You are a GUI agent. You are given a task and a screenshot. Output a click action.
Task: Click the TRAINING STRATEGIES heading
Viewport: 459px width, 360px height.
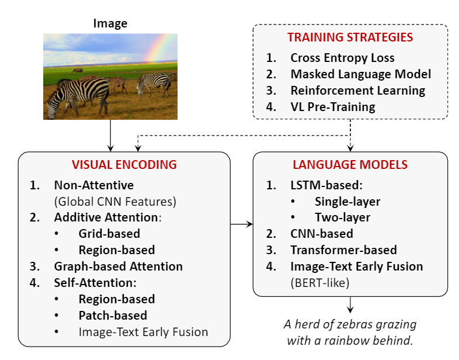click(350, 37)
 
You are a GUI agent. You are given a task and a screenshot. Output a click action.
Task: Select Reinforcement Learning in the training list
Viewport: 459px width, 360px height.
click(358, 91)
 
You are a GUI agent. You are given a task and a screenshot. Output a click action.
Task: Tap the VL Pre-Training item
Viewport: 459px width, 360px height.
click(333, 107)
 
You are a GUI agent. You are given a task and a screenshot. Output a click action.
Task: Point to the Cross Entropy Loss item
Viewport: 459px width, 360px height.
click(342, 58)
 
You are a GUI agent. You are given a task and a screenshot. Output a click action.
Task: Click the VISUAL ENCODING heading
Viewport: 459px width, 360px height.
click(124, 165)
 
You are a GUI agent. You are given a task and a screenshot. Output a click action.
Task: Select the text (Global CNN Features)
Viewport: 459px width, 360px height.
click(116, 202)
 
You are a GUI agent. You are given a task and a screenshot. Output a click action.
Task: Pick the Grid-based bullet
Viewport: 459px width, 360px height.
click(109, 234)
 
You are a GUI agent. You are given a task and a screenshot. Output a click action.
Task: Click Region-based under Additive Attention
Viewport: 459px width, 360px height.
click(117, 250)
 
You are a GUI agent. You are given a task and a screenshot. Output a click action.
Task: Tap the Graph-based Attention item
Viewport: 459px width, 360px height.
click(119, 266)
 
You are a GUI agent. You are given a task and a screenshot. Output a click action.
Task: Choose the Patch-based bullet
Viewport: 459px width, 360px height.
click(113, 316)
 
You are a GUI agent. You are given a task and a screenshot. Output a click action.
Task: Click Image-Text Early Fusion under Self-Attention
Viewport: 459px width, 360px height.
click(144, 332)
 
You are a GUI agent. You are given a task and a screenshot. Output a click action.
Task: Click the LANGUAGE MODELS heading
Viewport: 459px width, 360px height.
click(350, 165)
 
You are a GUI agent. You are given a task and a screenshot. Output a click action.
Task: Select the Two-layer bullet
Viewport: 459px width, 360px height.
click(342, 217)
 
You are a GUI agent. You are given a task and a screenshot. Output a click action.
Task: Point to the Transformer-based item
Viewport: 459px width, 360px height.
click(343, 250)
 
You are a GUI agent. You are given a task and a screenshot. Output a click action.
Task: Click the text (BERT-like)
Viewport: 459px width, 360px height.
click(320, 283)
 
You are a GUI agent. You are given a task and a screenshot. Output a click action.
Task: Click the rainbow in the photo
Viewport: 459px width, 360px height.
click(159, 49)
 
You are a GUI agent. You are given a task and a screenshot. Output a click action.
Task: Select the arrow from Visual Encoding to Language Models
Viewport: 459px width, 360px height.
click(242, 224)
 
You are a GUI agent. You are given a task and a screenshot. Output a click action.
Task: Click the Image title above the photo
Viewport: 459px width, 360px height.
click(110, 23)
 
